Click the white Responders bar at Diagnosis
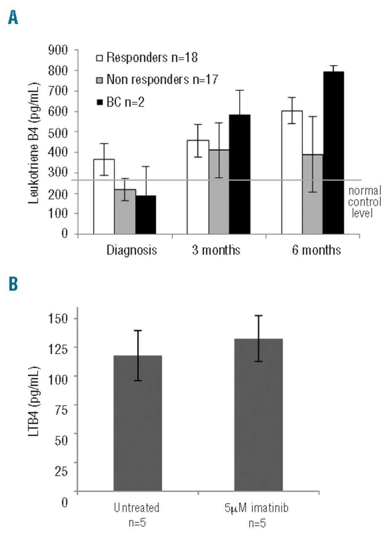(104, 196)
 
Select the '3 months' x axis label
(214, 250)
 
